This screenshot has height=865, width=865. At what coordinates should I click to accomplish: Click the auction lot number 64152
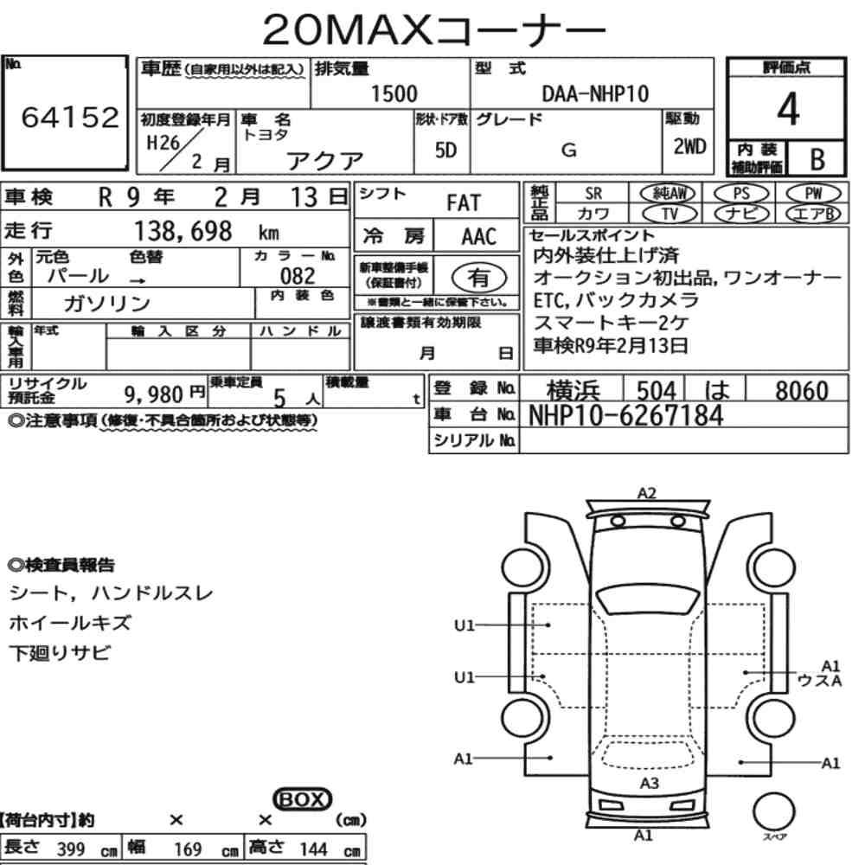pyautogui.click(x=70, y=117)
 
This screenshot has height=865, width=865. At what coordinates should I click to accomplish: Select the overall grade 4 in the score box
pyautogui.click(x=788, y=109)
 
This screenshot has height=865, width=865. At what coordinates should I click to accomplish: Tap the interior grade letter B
pyautogui.click(x=817, y=159)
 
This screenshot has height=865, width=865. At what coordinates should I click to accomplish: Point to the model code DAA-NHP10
pyautogui.click(x=595, y=93)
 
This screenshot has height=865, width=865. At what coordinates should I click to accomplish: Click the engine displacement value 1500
pyautogui.click(x=394, y=93)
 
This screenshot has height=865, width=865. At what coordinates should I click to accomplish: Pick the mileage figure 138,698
pyautogui.click(x=183, y=231)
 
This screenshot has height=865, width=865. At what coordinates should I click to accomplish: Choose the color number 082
pyautogui.click(x=298, y=276)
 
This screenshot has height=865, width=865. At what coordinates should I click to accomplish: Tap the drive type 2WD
pyautogui.click(x=689, y=147)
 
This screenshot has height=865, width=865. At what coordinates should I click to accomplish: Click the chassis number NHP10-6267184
pyautogui.click(x=625, y=415)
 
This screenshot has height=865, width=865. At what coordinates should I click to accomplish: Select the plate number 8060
pyautogui.click(x=802, y=391)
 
